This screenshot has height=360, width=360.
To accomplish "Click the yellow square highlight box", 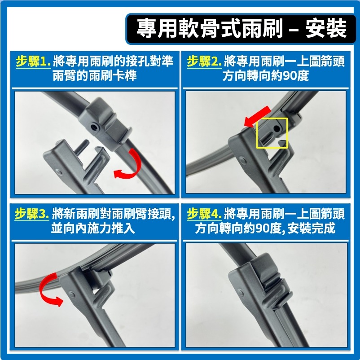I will (272, 133).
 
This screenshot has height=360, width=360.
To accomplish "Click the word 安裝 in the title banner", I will (325, 29).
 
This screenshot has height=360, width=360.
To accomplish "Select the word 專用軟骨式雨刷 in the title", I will (210, 29).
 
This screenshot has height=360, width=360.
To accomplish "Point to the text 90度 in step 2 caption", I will (296, 75).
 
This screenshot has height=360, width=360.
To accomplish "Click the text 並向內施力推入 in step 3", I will (93, 228).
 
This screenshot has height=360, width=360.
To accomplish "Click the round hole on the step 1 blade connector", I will (94, 127).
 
